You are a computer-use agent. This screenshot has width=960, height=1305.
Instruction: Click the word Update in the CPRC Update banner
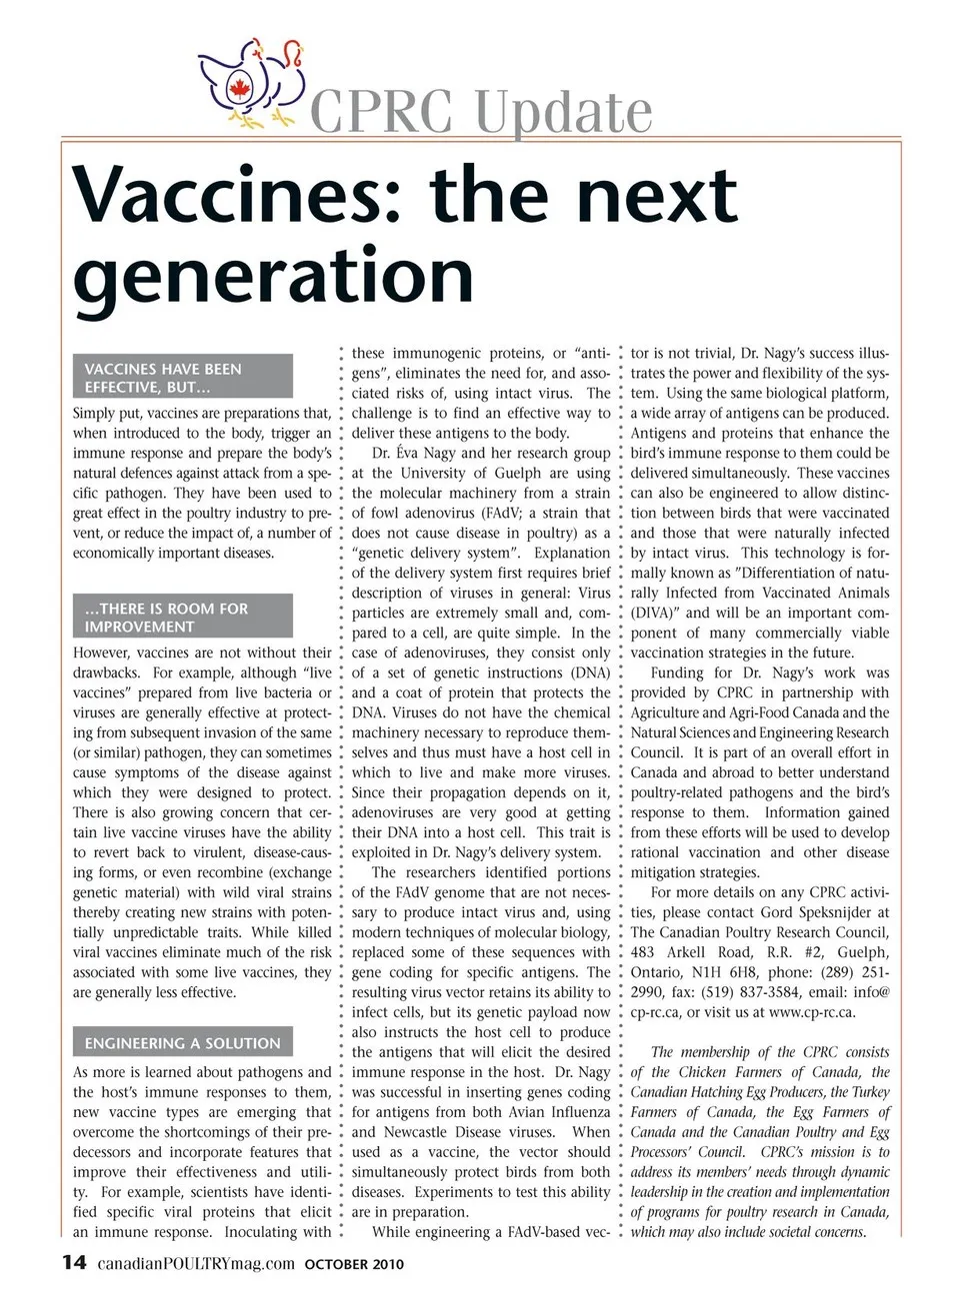563,112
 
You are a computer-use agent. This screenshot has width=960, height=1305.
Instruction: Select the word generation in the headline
273,275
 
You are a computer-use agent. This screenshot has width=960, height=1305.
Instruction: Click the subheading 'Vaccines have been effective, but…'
183,377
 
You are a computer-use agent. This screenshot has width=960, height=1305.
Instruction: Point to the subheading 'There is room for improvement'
183,617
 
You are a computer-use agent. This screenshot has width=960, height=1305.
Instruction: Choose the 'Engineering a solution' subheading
183,1042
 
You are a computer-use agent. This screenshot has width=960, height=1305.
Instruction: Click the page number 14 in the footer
75,1262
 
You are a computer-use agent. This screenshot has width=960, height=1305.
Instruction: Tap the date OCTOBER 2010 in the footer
354,1264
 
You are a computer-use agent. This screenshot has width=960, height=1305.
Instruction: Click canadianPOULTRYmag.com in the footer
196,1263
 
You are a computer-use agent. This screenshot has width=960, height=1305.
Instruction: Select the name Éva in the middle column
407,453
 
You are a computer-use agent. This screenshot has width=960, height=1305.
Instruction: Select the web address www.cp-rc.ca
812,1012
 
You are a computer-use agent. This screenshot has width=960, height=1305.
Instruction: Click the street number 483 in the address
642,952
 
